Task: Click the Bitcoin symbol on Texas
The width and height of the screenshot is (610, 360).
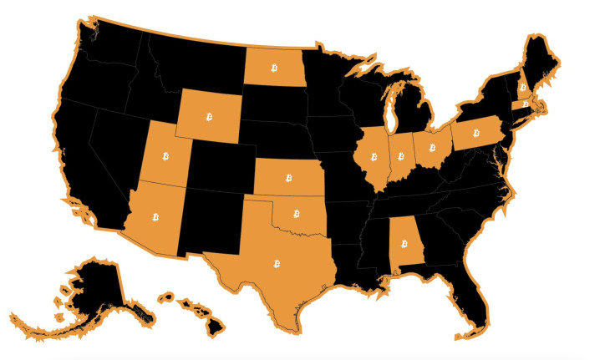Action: coord(275,264)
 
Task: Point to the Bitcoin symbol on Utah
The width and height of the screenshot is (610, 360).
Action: coord(167,156)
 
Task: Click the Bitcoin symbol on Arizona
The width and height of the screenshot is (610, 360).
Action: coord(156,216)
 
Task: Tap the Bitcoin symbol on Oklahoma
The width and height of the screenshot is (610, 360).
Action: coord(297,215)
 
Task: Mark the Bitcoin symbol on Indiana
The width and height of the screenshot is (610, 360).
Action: coord(401,155)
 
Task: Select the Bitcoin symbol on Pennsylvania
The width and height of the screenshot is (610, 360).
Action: coord(476,132)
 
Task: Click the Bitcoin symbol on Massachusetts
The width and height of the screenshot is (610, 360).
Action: coord(526,104)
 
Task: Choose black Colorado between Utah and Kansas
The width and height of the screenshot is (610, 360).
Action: coord(221,166)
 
